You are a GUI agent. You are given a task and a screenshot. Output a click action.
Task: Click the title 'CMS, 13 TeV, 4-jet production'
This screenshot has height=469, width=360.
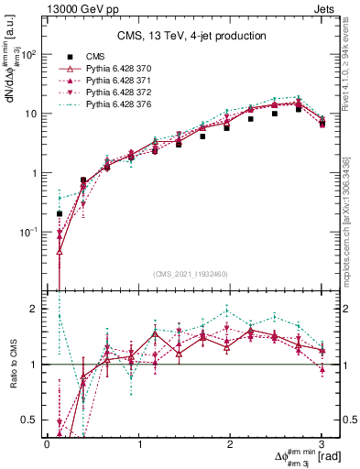pyautogui.click(x=191, y=36)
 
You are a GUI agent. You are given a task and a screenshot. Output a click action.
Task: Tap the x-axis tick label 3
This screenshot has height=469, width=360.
pyautogui.click(x=322, y=442)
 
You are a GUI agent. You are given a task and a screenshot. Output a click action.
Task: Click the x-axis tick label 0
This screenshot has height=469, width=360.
pyautogui.click(x=47, y=442)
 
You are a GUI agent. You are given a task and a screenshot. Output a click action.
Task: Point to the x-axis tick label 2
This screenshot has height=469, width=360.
pyautogui.click(x=230, y=442)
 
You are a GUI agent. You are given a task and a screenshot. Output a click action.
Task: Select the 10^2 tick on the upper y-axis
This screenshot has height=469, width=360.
pyautogui.click(x=28, y=55)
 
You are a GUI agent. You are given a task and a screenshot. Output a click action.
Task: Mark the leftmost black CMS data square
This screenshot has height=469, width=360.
pyautogui.click(x=60, y=213)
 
